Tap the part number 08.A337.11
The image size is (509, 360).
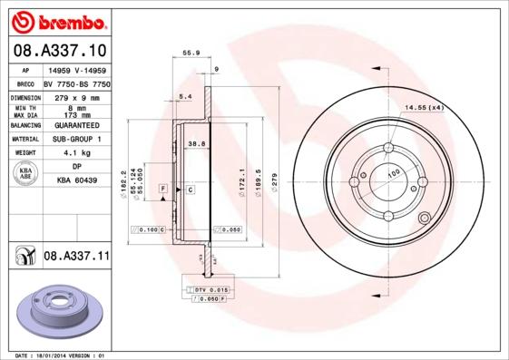pos(76,258)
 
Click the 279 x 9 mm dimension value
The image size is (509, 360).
pos(76,95)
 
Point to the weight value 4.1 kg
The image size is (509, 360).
pos(76,153)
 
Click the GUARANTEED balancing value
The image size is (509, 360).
pos(76,125)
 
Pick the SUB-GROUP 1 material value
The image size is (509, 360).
pos(76,139)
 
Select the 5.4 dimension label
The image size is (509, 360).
pos(186,96)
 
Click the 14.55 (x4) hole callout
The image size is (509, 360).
pos(423,109)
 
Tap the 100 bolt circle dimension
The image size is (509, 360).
pos(394,173)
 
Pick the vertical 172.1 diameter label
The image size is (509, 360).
pos(241,176)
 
